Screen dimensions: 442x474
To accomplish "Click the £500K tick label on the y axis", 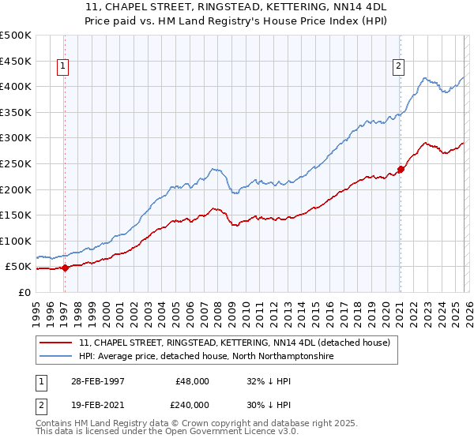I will coord(16,36).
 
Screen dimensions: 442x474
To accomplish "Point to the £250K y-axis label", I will coord(16,163).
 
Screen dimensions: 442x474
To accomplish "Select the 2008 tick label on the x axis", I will coord(217,309).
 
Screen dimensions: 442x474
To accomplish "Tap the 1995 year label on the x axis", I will coord(36,309).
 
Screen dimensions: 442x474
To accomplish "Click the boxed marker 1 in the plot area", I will coord(62,67).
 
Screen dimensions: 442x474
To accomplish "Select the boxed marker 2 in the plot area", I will coord(399,67).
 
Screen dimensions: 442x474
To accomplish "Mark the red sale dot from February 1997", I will coord(66,268).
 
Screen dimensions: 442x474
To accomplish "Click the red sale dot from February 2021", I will coord(401,169).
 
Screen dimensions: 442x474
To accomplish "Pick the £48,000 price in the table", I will coord(192,380).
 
